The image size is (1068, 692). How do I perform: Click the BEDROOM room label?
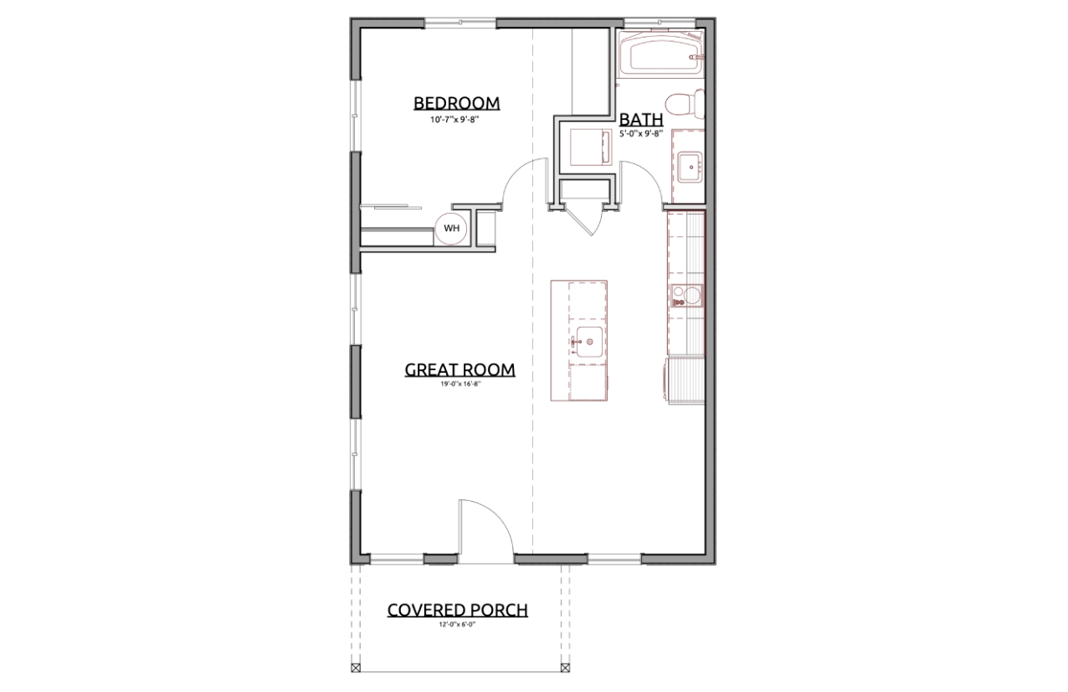456,103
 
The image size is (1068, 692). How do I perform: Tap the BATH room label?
641,119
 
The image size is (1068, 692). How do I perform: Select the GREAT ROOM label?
460,369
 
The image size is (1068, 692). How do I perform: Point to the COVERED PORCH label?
457,610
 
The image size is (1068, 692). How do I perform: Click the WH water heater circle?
451,228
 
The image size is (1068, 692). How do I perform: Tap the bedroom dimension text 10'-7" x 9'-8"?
454,120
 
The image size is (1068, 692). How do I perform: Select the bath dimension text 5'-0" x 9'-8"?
641,134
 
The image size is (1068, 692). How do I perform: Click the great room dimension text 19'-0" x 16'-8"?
460,383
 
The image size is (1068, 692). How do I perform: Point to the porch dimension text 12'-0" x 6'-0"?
457,624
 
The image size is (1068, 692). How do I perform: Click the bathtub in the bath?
661,54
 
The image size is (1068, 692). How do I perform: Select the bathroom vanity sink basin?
690,167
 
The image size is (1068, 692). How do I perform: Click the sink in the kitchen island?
589,342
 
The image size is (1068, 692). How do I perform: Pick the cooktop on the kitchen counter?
686,296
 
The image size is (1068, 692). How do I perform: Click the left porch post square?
356,668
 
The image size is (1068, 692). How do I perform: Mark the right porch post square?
565,668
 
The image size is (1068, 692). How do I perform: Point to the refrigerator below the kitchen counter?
684,382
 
